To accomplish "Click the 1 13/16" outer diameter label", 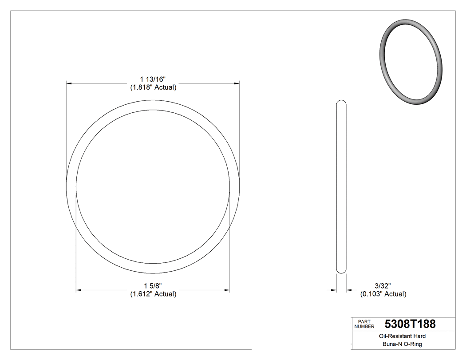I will click(x=153, y=79).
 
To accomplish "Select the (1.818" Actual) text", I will click(x=153, y=87).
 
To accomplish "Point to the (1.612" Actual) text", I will click(x=153, y=294).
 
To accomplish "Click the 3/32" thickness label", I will click(x=383, y=286).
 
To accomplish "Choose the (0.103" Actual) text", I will click(x=383, y=294).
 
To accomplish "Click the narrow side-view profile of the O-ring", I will click(x=341, y=186).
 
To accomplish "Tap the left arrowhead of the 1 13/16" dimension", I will click(x=69, y=83).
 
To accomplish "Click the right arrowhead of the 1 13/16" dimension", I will click(x=237, y=83).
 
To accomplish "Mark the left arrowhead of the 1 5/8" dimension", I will click(x=79, y=290).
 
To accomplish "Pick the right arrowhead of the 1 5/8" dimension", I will click(x=227, y=290).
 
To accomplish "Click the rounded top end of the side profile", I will click(x=341, y=103).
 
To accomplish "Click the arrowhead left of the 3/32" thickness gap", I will click(x=334, y=290).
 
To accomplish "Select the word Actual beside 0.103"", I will click(x=395, y=294).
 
